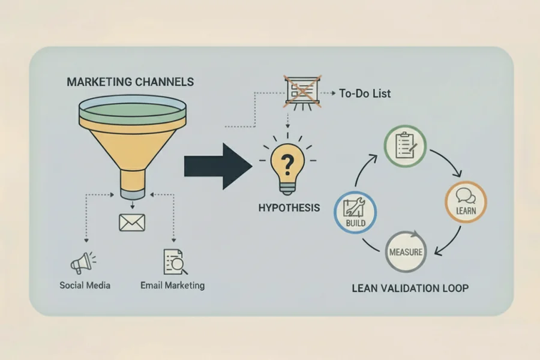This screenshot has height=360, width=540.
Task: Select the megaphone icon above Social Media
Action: [x=83, y=262]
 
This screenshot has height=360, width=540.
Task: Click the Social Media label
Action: [x=85, y=285]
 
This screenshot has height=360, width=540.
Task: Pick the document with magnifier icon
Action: [x=172, y=262]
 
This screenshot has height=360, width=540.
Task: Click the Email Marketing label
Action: [x=172, y=285]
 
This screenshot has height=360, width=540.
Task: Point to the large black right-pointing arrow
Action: [x=217, y=166]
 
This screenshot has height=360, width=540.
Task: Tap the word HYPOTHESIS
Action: [x=289, y=208]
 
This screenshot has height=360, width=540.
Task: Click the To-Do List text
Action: [x=365, y=94]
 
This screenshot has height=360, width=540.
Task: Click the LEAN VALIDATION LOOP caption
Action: [x=410, y=288]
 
